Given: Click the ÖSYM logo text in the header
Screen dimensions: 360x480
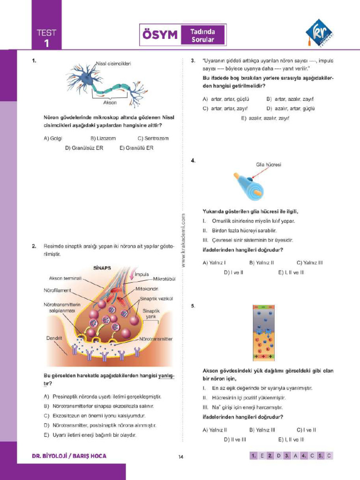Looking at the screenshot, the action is tap(160, 35).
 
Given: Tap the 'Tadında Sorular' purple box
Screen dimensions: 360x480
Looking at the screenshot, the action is tap(202, 35).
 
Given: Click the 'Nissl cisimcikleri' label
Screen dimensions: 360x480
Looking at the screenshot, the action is tap(114, 63).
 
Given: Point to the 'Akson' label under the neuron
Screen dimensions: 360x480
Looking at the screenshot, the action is tap(110, 102).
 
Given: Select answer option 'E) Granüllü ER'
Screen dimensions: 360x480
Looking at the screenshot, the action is tap(136, 148).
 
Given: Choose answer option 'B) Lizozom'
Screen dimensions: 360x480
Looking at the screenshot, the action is tap(103, 138).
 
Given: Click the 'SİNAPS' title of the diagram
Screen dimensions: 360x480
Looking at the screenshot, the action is tap(102, 268).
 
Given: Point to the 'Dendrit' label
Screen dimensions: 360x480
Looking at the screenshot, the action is tap(54, 338).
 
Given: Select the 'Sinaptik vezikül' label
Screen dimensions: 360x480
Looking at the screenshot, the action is tap(157, 299).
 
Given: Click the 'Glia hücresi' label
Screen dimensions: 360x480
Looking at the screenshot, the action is tap(269, 165).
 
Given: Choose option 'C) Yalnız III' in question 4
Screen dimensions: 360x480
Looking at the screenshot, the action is tap(309, 262).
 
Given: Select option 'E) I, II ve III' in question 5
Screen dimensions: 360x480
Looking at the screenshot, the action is tap(291, 439).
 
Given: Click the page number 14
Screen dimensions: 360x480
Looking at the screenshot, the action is tap(180, 457).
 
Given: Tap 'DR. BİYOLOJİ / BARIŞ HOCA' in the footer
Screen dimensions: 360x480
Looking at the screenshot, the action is tap(69, 456).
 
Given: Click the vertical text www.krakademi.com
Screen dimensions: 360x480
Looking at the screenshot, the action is tap(183, 240).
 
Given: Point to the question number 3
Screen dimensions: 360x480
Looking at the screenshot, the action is tap(193, 60).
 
